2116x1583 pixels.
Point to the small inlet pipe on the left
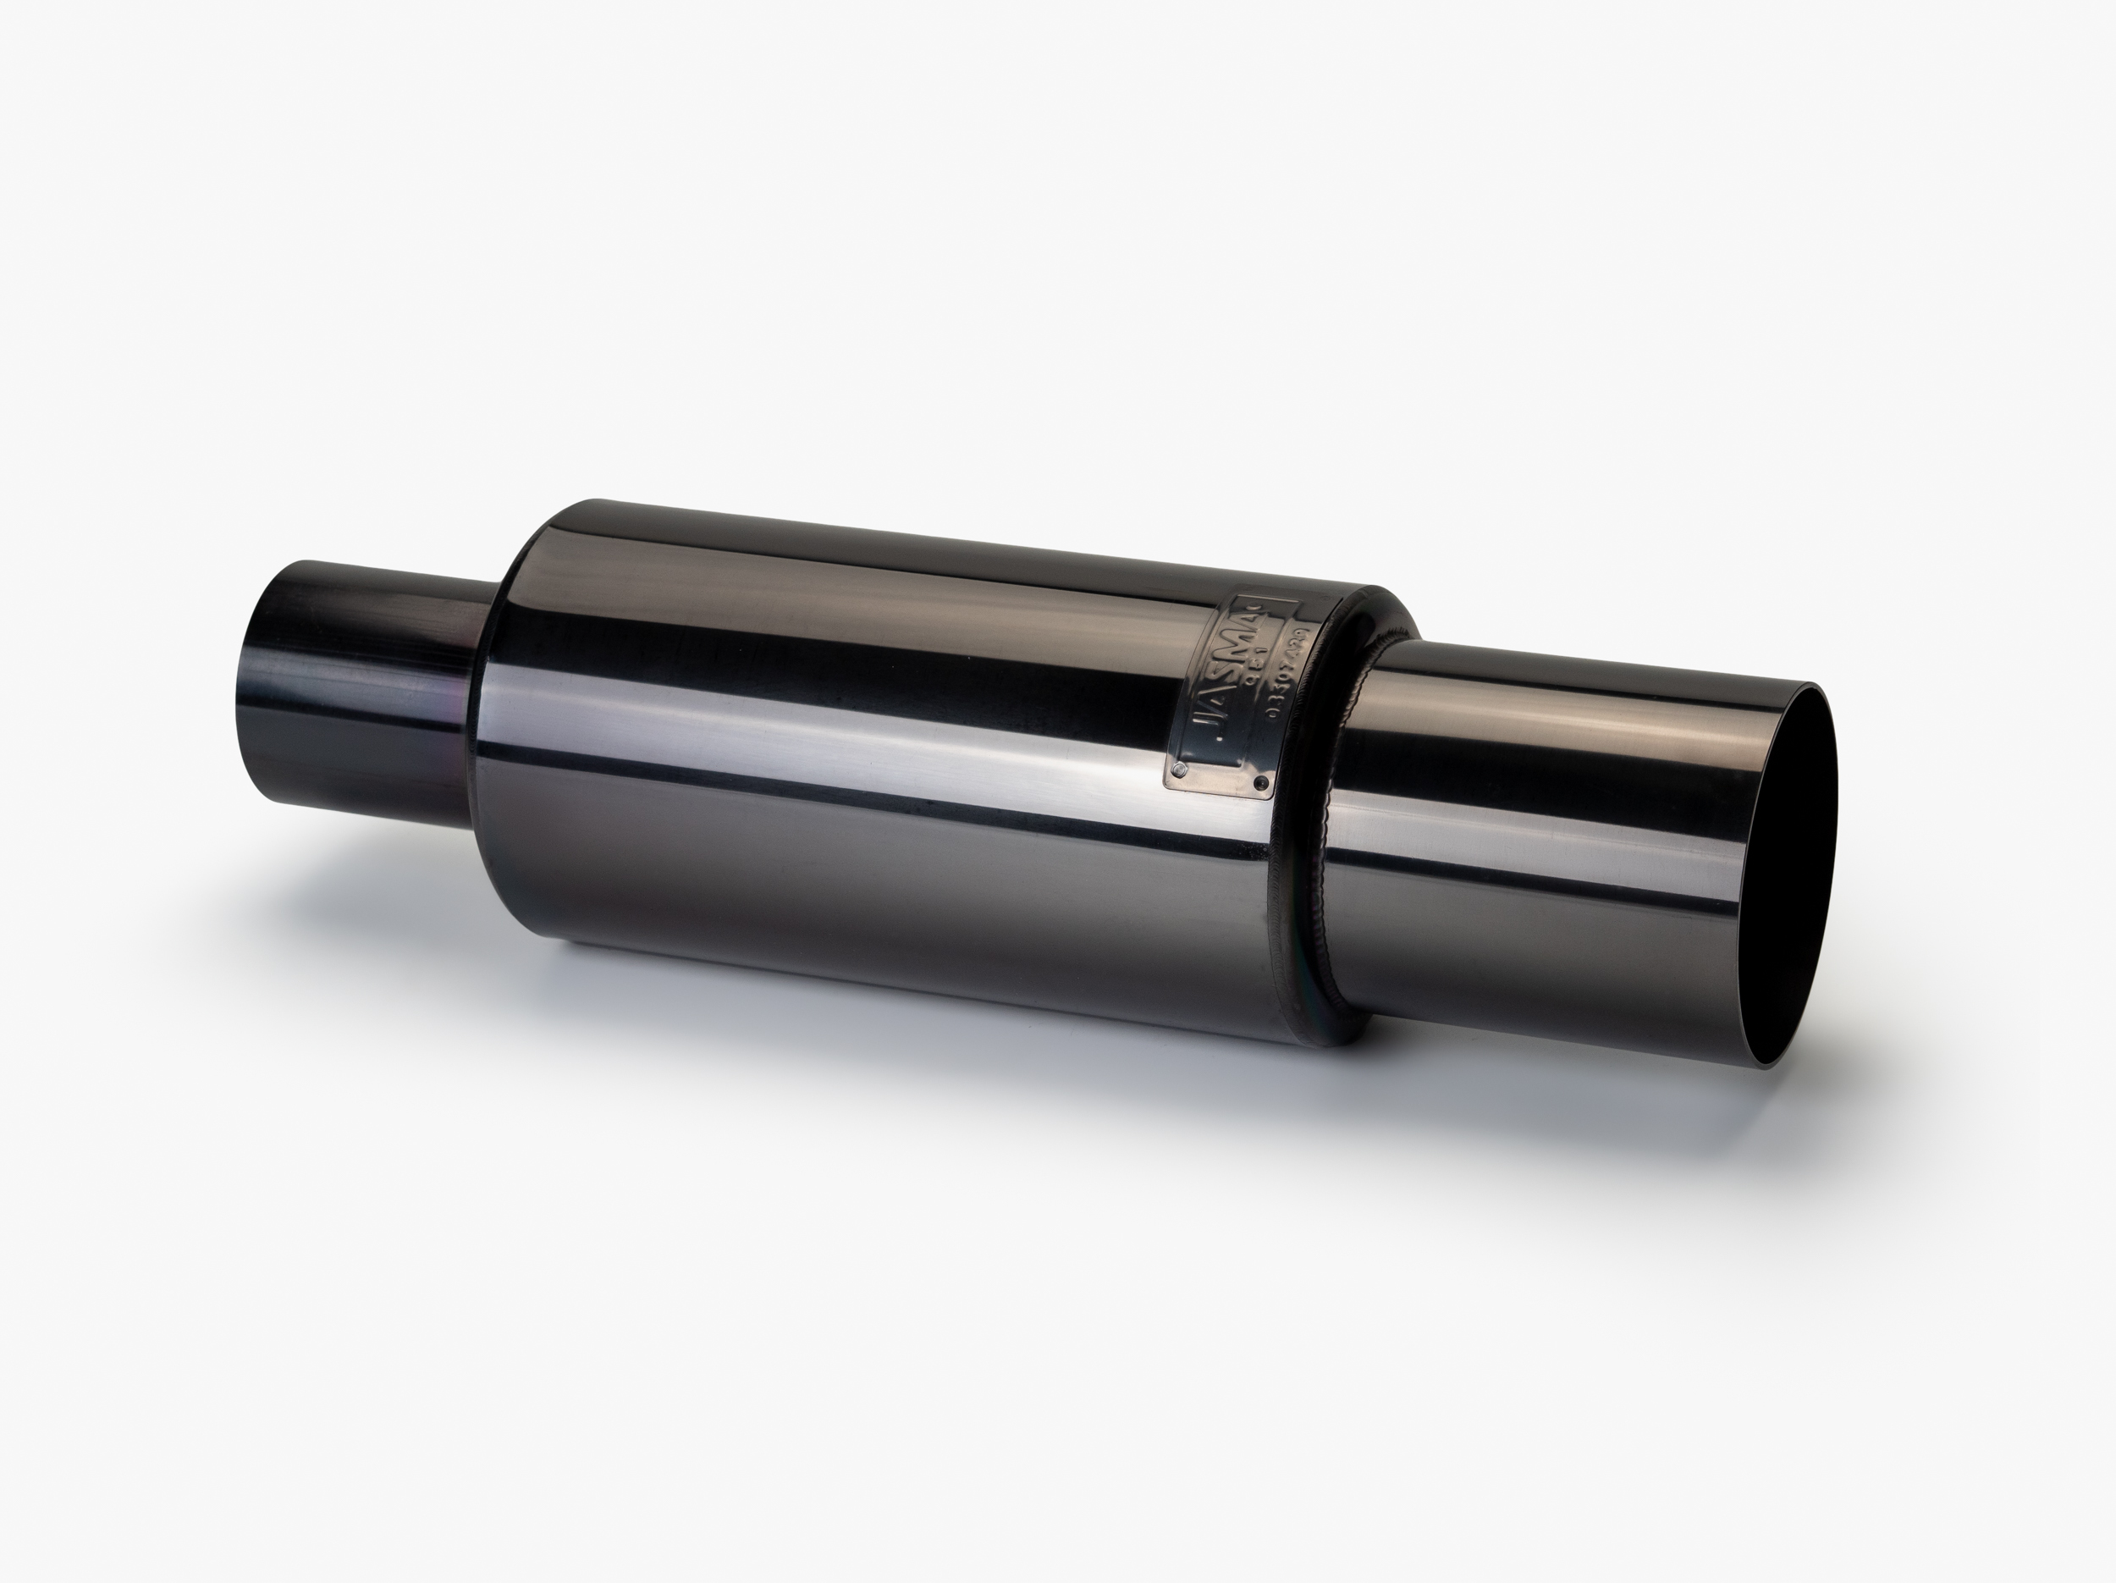pyautogui.click(x=363, y=689)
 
